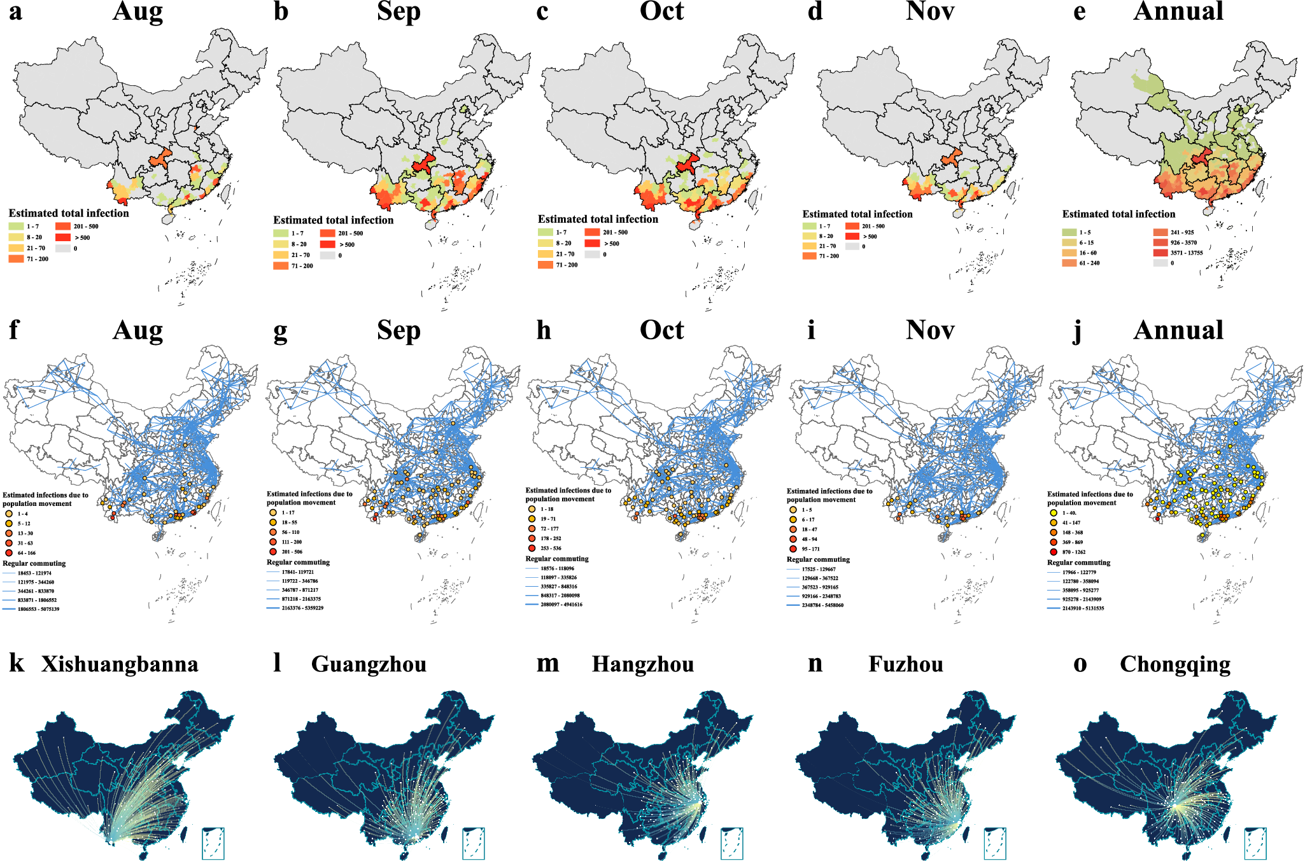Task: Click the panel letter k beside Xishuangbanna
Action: click(x=17, y=664)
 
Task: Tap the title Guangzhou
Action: click(x=369, y=664)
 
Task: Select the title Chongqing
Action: click(x=1174, y=664)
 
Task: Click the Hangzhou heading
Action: click(x=642, y=664)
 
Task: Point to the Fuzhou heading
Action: click(x=905, y=664)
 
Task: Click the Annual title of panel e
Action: click(x=1178, y=11)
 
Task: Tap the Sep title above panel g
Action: click(x=399, y=331)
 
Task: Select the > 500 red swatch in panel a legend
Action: click(x=63, y=237)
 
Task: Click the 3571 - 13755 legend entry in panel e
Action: click(x=1186, y=253)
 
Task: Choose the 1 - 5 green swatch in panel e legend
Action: click(x=1069, y=232)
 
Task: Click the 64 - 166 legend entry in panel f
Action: click(x=25, y=553)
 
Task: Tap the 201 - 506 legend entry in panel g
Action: click(x=291, y=552)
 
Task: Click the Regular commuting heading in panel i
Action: click(x=818, y=559)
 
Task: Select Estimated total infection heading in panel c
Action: click(x=598, y=219)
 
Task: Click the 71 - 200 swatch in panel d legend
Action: click(x=810, y=256)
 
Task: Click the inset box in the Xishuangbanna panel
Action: click(x=213, y=843)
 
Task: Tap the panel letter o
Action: click(x=1080, y=664)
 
